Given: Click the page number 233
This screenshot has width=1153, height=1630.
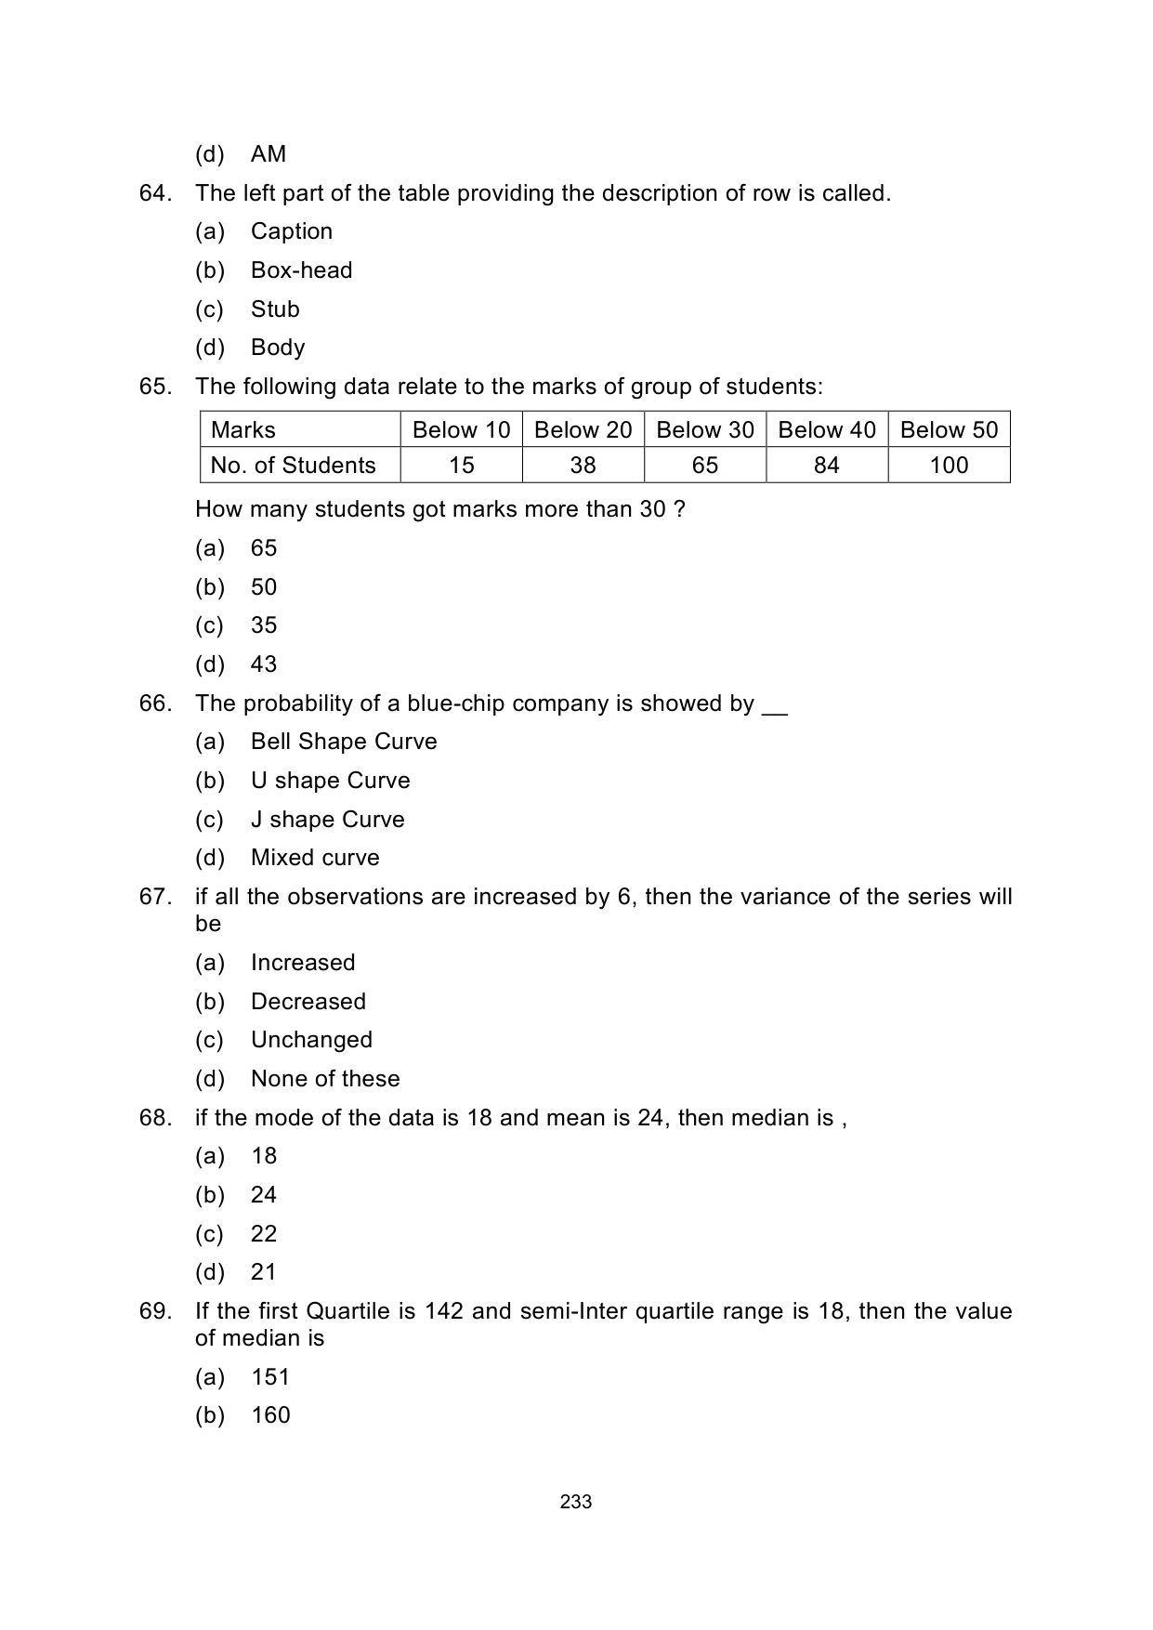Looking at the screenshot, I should point(576,1502).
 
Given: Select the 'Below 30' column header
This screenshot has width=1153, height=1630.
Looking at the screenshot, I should point(704,429).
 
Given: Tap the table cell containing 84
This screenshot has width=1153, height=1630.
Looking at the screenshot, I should point(826,465).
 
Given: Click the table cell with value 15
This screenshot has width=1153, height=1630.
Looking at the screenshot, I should point(461,465).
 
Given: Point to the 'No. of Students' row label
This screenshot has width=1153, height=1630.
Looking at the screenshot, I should point(293,465).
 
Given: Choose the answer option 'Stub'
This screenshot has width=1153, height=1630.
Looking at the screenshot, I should point(275,309).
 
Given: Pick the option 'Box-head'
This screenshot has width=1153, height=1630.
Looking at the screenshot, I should point(301,270).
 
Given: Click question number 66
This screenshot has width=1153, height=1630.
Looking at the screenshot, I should point(155,703).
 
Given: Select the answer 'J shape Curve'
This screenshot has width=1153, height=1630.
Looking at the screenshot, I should point(327,820).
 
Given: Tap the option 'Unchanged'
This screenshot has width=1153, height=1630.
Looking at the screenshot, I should point(311,1040).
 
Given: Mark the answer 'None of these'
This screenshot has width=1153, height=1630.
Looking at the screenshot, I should point(325,1079).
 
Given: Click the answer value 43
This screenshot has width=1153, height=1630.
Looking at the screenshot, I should point(264,664).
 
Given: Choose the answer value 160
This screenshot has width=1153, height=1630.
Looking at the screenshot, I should point(270,1415).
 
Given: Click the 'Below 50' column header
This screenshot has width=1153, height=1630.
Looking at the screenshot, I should point(949,429).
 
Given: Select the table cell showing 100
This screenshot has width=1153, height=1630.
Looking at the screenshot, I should point(949,465).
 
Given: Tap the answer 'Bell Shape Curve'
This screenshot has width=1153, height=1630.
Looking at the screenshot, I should point(344,742).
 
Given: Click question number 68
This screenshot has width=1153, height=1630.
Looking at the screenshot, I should point(155,1118).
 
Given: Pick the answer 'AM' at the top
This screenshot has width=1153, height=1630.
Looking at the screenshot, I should point(269,154).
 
